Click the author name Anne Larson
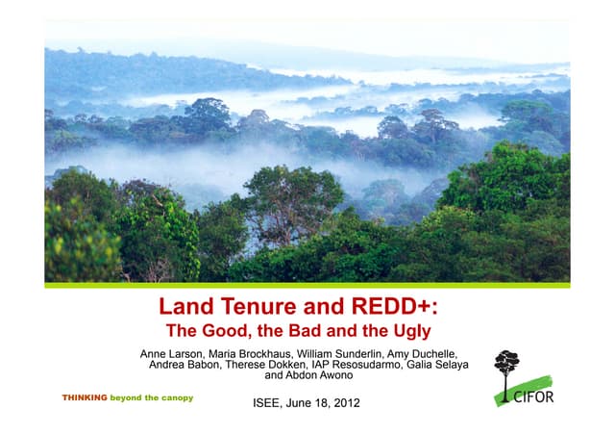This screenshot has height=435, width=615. pos(177,353)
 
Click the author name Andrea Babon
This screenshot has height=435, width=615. pos(187,365)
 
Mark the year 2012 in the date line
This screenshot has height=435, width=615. pos(345,402)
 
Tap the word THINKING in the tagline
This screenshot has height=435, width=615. pos(85,397)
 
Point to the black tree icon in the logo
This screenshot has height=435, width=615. pos(506,371)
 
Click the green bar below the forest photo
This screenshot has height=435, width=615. pos(307,285)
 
